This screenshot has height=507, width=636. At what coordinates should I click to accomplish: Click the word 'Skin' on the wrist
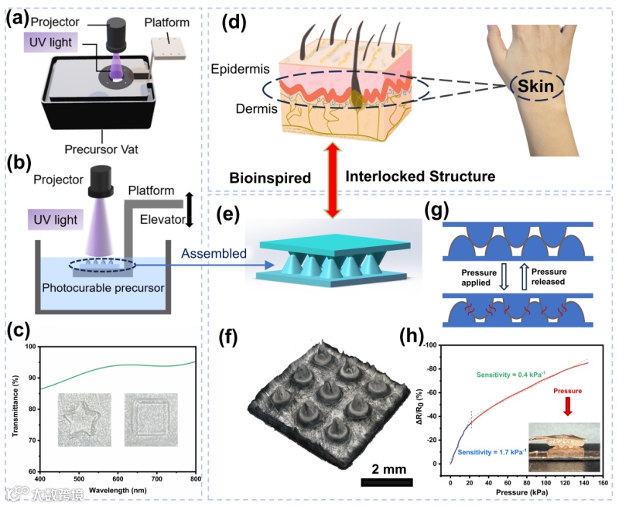(x=535, y=87)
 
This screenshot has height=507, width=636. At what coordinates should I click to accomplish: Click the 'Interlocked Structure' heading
(x=420, y=177)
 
